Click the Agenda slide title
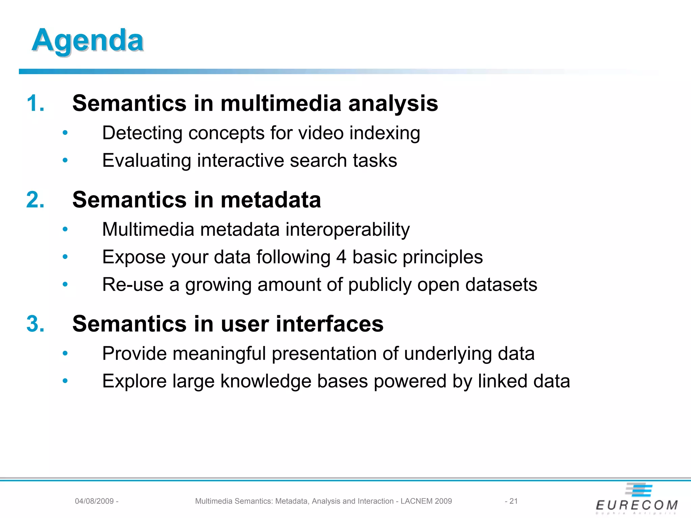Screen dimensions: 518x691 pos(88,40)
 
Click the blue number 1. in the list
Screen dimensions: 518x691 pos(35,103)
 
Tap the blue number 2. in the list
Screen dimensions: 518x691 pos(35,200)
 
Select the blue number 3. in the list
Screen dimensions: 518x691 pos(35,324)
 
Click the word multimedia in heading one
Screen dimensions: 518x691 pos(280,103)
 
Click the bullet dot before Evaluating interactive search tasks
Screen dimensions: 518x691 pos(65,161)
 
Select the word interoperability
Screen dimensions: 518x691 pos(348,230)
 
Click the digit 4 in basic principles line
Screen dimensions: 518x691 pos(341,257)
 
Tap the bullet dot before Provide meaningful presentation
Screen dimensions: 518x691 pos(65,354)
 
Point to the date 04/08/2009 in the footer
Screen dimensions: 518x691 pos(94,501)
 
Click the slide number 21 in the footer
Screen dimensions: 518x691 pos(513,501)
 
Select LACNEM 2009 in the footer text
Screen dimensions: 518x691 pos(426,501)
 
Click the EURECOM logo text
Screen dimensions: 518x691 pos(637,505)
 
